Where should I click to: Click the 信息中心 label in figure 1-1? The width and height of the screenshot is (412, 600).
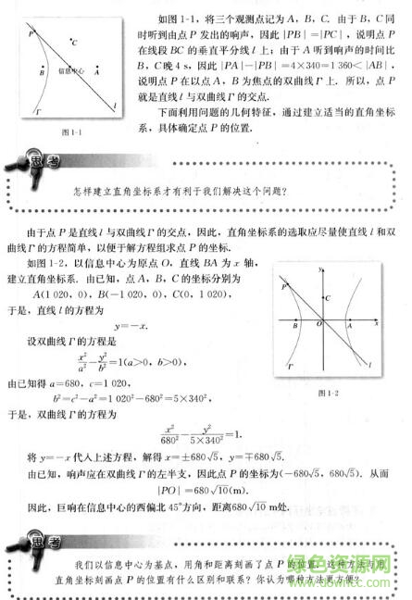tap(70, 69)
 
